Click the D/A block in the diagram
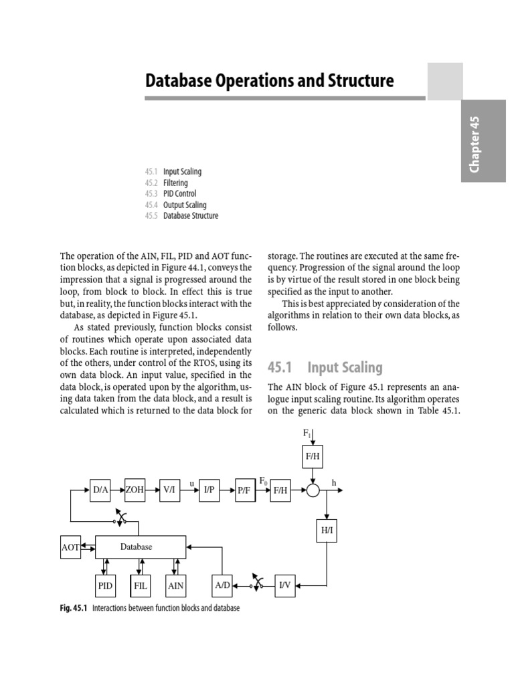pos(101,490)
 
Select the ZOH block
pos(136,490)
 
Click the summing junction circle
pos(313,490)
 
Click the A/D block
pos(222,585)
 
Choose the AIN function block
pos(175,585)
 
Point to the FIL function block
pos(140,585)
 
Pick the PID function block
pos(105,585)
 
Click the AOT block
pos(70,547)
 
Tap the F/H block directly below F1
pos(313,457)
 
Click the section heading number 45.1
pos(282,367)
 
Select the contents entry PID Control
pos(179,194)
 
